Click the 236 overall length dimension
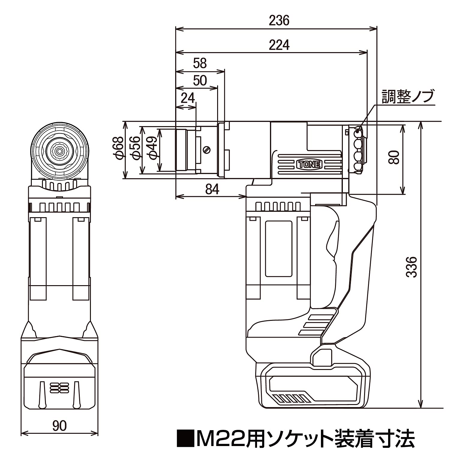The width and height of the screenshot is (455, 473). point(279,21)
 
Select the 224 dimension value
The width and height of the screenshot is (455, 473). point(279,45)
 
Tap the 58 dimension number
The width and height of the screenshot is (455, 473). point(200,63)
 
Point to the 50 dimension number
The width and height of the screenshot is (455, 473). point(200,81)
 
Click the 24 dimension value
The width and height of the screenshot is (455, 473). point(188,98)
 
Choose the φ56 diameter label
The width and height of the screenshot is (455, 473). point(136,148)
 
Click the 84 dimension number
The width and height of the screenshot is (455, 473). point(212,189)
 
